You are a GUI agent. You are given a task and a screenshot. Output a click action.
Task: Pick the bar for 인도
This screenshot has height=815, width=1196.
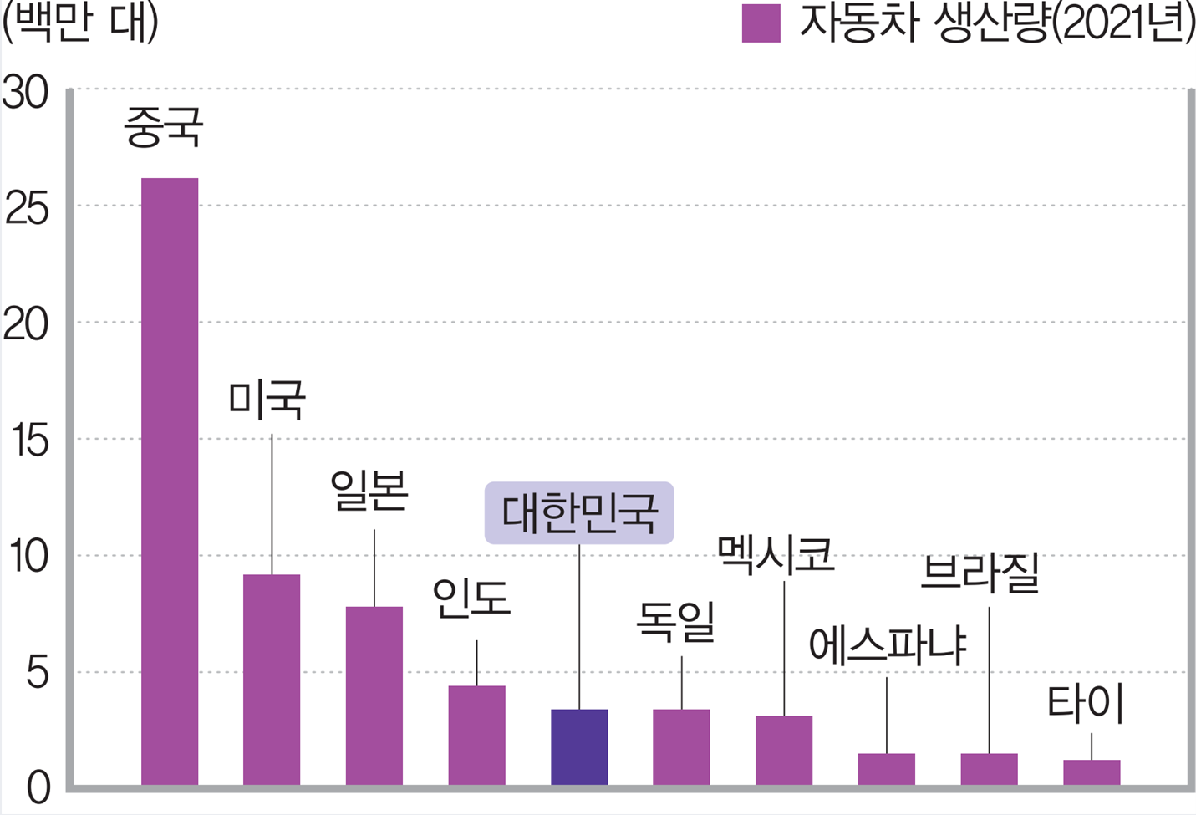476,735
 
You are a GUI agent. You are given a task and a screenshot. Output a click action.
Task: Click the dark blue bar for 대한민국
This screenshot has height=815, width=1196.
579,746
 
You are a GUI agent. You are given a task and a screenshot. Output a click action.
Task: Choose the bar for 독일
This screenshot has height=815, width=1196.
681,746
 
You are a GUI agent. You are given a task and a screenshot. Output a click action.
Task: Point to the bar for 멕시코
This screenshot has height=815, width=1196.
784,750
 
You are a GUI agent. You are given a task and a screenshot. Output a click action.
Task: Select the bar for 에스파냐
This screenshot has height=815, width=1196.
886,769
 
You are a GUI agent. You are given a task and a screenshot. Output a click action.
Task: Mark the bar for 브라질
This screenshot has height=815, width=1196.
989,769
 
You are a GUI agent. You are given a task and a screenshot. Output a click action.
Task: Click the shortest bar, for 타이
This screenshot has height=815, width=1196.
1092,772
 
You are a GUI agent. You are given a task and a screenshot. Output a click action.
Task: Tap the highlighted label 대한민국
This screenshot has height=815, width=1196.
579,513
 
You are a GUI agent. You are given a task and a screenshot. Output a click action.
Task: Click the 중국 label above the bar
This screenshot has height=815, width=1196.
164,127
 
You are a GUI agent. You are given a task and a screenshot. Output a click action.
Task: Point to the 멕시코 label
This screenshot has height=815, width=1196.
776,554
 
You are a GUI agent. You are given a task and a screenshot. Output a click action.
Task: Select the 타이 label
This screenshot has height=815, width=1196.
1085,705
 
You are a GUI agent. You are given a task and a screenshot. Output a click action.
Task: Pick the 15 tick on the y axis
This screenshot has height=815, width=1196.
31,441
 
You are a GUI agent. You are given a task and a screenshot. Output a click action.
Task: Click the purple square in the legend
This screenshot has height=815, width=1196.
761,23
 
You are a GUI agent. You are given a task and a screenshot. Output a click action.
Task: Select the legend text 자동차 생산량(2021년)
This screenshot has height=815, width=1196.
996,23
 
